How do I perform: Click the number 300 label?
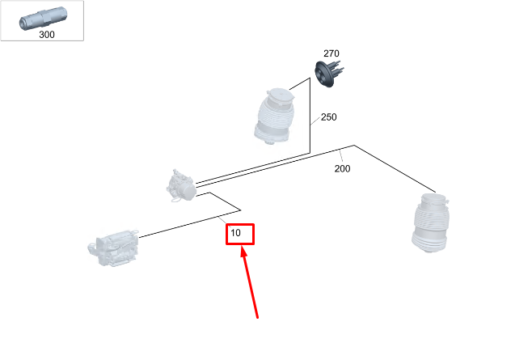coord(47,35)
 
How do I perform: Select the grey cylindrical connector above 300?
coord(43,19)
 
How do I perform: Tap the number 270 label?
coord(332,53)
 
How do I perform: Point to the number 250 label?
coord(328,117)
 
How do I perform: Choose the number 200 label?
coord(342,168)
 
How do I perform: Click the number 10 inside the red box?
coord(235,233)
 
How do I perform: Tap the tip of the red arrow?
coord(242,247)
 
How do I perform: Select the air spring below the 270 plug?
coord(275,116)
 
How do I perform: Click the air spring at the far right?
coord(430,223)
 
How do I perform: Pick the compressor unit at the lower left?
coord(113,248)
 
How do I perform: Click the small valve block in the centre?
coord(181,186)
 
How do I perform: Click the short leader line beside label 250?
coord(315,120)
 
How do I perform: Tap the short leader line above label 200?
coord(340,156)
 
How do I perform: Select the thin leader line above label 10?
coord(224,221)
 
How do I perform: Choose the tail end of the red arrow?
coord(257,317)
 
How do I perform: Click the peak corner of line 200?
coord(354,146)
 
